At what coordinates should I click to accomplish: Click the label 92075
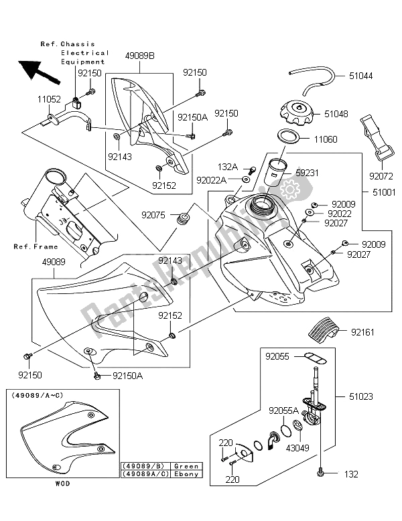pyautogui.click(x=154, y=215)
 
